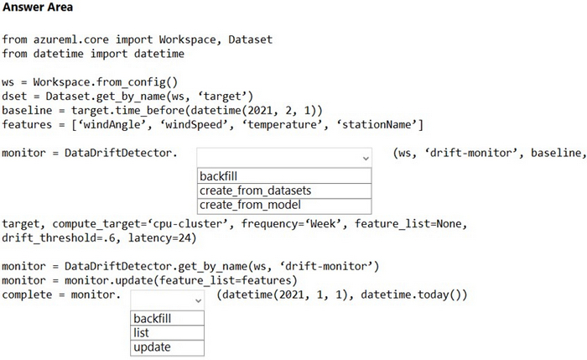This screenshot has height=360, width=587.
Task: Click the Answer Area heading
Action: click(38, 7)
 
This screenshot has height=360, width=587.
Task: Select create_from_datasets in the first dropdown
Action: click(255, 190)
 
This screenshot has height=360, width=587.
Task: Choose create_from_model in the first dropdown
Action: click(250, 205)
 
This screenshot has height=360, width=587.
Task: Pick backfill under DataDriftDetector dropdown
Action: click(218, 176)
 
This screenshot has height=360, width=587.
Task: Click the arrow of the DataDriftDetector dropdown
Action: click(366, 159)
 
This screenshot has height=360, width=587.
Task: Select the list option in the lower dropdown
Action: click(141, 332)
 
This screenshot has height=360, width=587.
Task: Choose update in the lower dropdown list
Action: click(152, 347)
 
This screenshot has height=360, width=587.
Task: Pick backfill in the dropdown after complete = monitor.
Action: click(152, 319)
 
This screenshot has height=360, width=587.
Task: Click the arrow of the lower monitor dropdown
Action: click(198, 300)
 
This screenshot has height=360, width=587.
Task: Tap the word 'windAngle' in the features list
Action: click(112, 125)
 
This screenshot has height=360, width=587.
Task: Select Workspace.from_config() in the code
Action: click(105, 82)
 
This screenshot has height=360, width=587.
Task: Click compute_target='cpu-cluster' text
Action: click(140, 224)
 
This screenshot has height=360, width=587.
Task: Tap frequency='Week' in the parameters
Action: click(291, 224)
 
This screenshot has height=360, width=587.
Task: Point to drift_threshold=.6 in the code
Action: click(59, 238)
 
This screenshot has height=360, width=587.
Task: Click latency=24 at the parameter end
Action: click(159, 238)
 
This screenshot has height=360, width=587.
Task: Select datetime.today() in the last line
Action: click(411, 295)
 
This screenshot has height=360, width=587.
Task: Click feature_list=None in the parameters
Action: click(408, 224)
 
